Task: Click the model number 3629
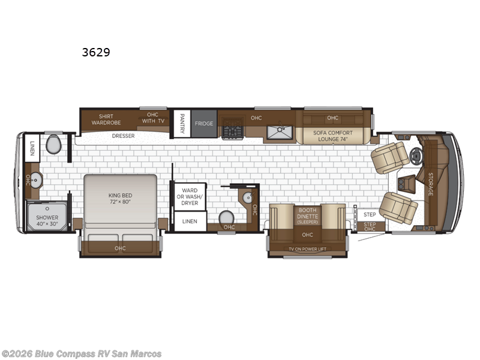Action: pyautogui.click(x=96, y=52)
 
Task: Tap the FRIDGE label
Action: pyautogui.click(x=203, y=124)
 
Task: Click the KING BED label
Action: pyautogui.click(x=120, y=199)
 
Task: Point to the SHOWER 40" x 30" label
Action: pyautogui.click(x=47, y=221)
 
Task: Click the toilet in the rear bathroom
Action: pyautogui.click(x=53, y=145)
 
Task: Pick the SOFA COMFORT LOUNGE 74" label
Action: pyautogui.click(x=333, y=136)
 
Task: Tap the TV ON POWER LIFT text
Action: pyautogui.click(x=307, y=248)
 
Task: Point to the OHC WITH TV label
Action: pyautogui.click(x=154, y=118)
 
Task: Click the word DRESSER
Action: pyautogui.click(x=123, y=136)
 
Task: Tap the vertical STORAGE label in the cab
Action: pyautogui.click(x=430, y=184)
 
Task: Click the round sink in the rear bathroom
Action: pyautogui.click(x=35, y=179)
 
